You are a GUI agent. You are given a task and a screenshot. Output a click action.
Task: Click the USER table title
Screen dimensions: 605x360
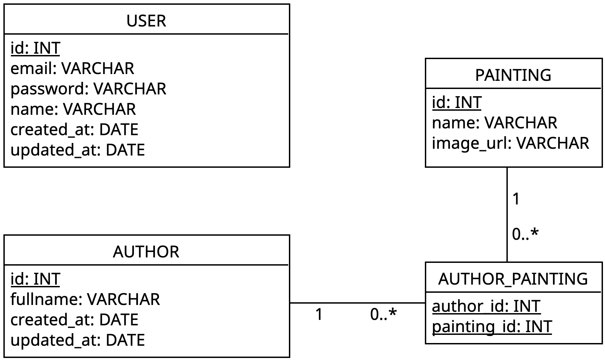(146, 21)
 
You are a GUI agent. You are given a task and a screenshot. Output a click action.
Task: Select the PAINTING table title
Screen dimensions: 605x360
(513, 75)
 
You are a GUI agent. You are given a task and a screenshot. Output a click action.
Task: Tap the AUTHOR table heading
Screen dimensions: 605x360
(146, 252)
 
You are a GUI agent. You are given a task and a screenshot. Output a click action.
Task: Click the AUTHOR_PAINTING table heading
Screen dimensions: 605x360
(513, 279)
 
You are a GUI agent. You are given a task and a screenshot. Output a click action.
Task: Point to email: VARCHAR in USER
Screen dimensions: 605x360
(72, 68)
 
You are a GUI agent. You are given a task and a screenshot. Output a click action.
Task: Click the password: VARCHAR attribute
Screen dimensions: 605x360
(88, 89)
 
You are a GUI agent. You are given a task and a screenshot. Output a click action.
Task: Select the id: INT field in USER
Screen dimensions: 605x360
(35, 48)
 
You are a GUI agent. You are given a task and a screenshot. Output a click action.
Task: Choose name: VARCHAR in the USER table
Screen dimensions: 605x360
(73, 109)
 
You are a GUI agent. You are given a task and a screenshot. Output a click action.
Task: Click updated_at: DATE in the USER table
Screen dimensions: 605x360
(77, 150)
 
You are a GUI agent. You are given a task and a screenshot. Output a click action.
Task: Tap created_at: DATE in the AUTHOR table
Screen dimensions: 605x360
(74, 320)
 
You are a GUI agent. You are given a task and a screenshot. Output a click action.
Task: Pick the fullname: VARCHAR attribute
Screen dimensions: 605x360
(85, 299)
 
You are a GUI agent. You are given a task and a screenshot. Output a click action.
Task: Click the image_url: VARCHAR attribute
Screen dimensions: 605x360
(511, 143)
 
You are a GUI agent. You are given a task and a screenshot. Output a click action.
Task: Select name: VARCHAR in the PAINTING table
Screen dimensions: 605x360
(495, 123)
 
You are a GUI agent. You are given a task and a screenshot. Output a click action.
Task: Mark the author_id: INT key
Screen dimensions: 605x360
(486, 306)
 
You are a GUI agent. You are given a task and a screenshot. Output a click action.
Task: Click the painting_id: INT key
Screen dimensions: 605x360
(492, 327)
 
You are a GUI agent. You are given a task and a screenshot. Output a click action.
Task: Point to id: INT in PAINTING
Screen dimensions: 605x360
(457, 102)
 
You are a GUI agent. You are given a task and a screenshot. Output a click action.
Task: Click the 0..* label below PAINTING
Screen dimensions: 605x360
(525, 234)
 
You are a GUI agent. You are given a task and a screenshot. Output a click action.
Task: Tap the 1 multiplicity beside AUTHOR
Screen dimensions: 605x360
(319, 314)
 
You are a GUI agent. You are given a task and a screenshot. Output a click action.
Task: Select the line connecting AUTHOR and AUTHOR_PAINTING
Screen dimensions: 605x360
(358, 303)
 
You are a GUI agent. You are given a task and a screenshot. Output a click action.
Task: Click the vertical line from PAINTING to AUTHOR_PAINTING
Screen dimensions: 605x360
(507, 215)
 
